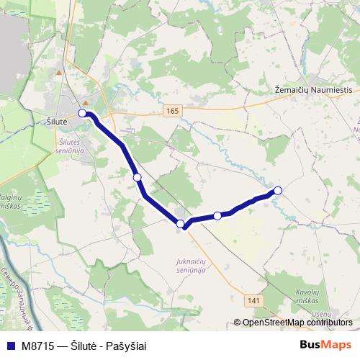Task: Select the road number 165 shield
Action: coord(171,110)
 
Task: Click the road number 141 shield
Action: coord(253,299)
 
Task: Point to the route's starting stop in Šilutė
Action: coord(83,114)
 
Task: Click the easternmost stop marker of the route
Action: coord(278,190)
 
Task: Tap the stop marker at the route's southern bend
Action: coord(180,224)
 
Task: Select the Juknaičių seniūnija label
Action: coord(191,265)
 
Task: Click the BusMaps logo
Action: coord(325,345)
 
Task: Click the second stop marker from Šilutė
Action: coord(137,177)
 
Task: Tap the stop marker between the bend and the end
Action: coord(217,215)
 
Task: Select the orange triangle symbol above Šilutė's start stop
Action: coord(85,102)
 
